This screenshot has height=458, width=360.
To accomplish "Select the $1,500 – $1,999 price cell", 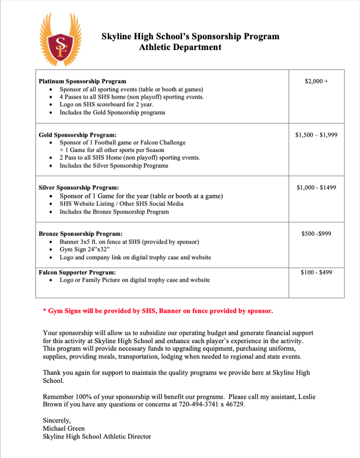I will tap(316, 134).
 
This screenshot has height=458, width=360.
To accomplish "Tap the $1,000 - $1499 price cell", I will tap(316, 187).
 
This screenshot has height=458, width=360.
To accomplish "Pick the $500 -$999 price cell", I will tap(316, 234).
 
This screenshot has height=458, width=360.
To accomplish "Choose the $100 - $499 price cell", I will tap(316, 272).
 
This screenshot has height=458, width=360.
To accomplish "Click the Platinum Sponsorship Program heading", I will tap(82, 81).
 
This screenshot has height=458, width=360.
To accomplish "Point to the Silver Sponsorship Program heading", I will tap(79, 187).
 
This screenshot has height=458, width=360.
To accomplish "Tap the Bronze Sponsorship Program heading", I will tap(81, 234).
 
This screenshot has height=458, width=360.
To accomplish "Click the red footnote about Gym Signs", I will tap(158, 311).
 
